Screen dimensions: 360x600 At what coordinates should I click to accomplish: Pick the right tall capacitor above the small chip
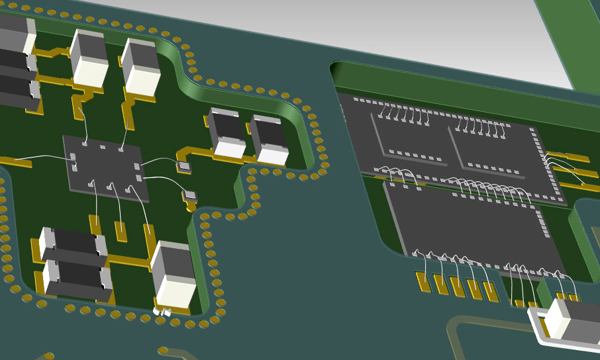(141, 67)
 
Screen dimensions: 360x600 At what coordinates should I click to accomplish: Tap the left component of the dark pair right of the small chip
(227, 133)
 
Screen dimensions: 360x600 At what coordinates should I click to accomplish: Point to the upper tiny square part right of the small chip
(183, 166)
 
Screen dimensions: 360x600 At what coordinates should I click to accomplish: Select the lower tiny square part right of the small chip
(191, 195)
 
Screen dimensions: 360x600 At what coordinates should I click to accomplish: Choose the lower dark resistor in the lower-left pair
(77, 277)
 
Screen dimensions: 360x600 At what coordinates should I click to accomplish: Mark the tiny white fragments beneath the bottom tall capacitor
(163, 310)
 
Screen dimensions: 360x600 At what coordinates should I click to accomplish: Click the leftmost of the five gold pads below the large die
(422, 281)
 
